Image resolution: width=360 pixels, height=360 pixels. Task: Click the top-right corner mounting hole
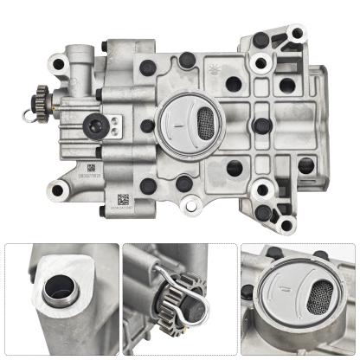[297, 33]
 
